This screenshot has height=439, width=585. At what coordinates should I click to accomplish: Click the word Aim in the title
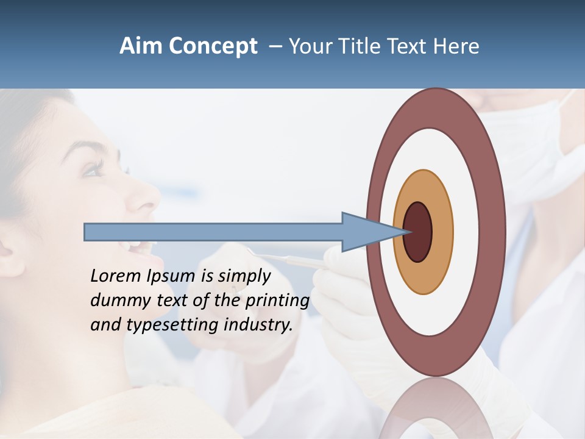pos(141,46)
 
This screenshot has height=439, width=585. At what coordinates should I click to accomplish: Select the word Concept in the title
pos(212,46)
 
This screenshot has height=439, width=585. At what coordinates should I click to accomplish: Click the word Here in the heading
pos(456,46)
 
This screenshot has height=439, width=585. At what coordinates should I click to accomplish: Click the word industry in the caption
pos(258,325)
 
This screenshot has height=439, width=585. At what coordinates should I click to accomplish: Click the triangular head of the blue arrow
pos(366,232)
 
